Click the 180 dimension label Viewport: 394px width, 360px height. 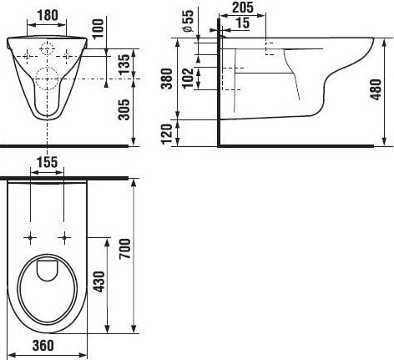click(x=47, y=15)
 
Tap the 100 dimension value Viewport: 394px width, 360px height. click(x=98, y=29)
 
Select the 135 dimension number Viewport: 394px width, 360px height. click(x=124, y=64)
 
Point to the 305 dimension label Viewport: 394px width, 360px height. click(x=124, y=109)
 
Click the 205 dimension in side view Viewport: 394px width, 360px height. click(x=243, y=8)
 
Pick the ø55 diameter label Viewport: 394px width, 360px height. click(x=189, y=22)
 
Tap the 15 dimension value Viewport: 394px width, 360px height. click(x=243, y=23)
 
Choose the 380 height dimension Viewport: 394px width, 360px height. click(x=167, y=79)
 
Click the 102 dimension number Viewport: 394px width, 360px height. click(x=189, y=78)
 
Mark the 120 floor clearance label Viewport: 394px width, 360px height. click(x=167, y=134)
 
